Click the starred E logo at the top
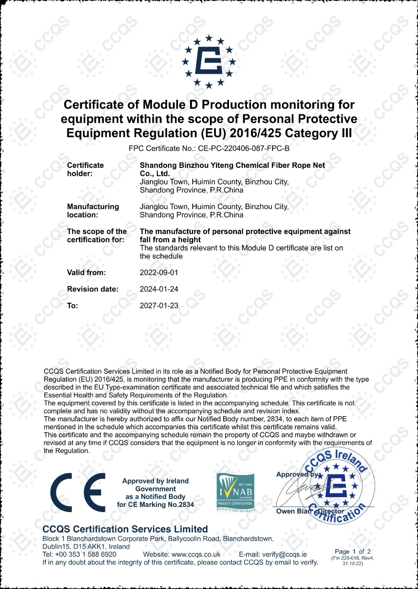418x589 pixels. click(x=209, y=61)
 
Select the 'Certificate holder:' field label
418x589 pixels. click(x=85, y=169)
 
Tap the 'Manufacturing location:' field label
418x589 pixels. click(x=93, y=211)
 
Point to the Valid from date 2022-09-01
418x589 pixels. click(x=159, y=273)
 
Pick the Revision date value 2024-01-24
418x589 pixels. click(x=159, y=289)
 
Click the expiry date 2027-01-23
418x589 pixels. click(x=159, y=306)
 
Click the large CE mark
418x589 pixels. click(x=78, y=492)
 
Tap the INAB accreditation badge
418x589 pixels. click(x=235, y=492)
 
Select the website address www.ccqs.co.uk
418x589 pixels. click(x=196, y=554)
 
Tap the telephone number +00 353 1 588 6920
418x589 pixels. click(x=86, y=554)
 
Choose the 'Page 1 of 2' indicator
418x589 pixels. click(x=353, y=552)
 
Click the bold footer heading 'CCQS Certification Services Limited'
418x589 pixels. click(x=125, y=529)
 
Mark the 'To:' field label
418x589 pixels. click(x=72, y=306)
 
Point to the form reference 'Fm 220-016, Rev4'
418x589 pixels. click(x=353, y=558)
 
